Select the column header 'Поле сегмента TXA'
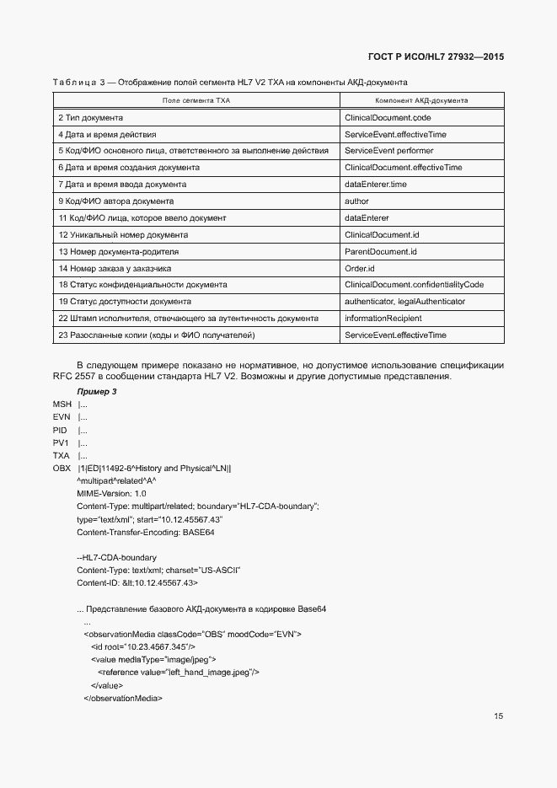pos(195,100)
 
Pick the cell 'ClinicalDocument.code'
pos(388,117)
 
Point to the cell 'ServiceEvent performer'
pos(389,151)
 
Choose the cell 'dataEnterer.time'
pos(376,184)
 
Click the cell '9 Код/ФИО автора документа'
pos(116,201)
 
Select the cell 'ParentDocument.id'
pos(381,251)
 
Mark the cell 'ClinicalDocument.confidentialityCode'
pos(414,285)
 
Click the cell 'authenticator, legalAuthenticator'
pos(404,302)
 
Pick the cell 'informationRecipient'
pos(383,319)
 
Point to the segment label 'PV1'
pos(61,442)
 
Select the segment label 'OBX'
pos(62,468)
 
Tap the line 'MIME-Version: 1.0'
pos(111,493)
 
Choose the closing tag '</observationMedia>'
pos(122,699)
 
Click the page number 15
pos(499,716)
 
